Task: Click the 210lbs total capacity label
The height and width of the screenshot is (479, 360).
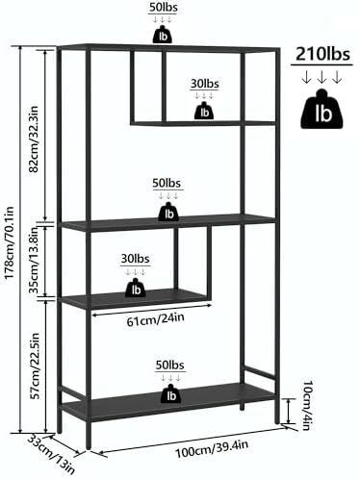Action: (x=322, y=54)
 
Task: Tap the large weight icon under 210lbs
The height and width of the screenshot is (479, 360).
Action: (x=321, y=110)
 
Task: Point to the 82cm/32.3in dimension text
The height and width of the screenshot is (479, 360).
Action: (x=34, y=139)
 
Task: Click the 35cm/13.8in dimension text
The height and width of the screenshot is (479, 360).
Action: (x=34, y=260)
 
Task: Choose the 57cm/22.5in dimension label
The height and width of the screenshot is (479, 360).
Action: (x=35, y=366)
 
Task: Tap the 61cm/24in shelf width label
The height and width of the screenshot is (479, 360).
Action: (x=155, y=319)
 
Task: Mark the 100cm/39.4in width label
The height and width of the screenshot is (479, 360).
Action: (x=212, y=449)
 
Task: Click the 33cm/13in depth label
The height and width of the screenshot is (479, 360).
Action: (x=51, y=453)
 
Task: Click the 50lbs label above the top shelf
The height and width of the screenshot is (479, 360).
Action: (x=163, y=8)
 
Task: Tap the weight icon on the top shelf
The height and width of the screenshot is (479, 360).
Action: (x=163, y=35)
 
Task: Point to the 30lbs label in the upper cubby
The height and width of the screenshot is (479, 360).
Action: (x=205, y=84)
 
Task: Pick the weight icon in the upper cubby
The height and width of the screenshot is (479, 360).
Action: (x=204, y=111)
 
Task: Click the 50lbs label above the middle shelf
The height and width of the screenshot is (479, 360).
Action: (x=167, y=183)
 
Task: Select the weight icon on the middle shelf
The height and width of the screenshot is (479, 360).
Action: (x=168, y=212)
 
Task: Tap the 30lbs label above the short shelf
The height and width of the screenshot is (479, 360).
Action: (x=135, y=259)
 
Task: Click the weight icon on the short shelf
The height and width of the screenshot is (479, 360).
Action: (x=136, y=288)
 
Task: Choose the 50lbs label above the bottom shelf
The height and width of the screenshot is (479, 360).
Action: (x=170, y=365)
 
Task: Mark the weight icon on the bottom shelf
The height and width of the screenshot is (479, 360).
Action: (x=171, y=393)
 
